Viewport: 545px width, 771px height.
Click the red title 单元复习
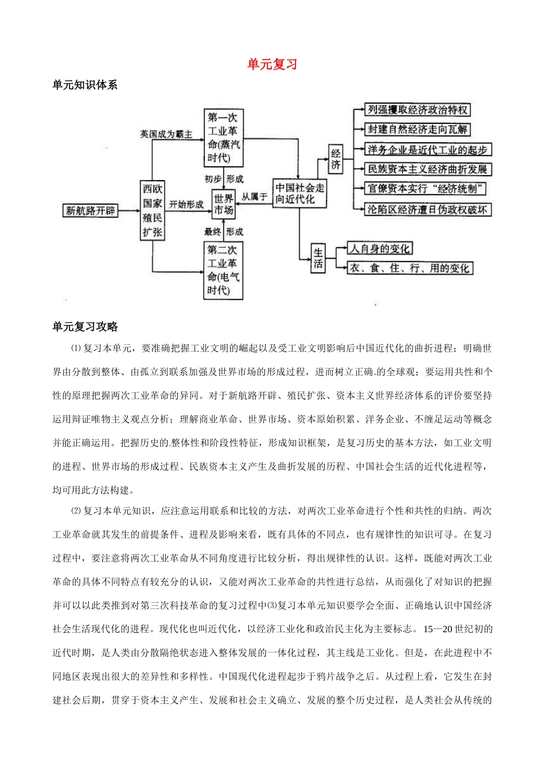(272, 64)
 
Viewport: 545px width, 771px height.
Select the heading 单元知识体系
(84, 85)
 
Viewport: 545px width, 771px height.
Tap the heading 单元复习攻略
(84, 326)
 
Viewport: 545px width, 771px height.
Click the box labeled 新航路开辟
(91, 211)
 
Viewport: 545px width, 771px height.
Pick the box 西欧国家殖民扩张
(153, 211)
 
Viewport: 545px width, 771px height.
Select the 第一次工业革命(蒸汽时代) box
(223, 138)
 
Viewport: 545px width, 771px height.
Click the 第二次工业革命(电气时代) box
(223, 270)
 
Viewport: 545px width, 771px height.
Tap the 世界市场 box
(223, 204)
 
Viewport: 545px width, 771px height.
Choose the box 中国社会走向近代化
(299, 194)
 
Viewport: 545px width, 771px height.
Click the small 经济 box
(336, 159)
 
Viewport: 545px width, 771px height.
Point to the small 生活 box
(318, 258)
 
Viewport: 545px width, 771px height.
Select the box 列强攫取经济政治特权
(418, 110)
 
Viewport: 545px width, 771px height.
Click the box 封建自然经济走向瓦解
(418, 130)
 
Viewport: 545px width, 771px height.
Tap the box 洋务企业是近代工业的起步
(428, 150)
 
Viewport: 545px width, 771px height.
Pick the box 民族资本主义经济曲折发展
(428, 169)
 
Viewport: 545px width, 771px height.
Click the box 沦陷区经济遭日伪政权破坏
(428, 209)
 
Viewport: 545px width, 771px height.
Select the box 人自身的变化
(380, 248)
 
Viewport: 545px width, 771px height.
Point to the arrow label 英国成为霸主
(166, 134)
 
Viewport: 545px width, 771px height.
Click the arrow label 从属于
(254, 196)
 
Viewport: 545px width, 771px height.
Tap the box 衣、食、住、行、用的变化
(410, 268)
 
